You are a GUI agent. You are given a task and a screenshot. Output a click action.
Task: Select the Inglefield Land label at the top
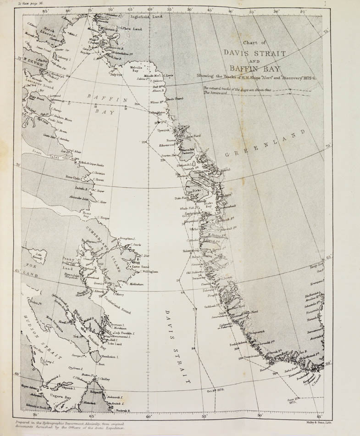tap(146, 16)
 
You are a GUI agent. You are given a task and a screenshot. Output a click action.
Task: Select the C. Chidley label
tap(104, 379)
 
